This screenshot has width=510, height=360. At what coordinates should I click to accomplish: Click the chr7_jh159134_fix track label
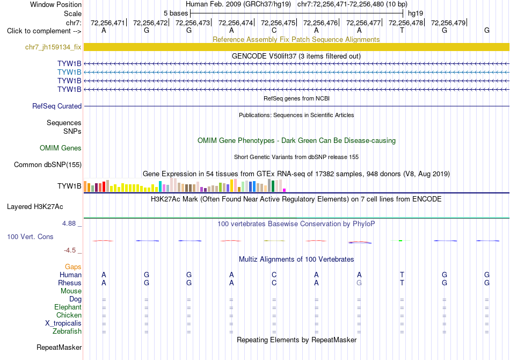(x=53, y=47)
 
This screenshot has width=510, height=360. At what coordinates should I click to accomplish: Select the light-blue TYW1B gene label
(x=69, y=72)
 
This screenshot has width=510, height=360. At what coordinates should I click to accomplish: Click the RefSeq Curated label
(x=57, y=106)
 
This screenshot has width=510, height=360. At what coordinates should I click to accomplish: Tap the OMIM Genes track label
(x=61, y=148)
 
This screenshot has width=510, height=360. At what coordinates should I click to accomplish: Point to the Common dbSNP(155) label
(x=48, y=165)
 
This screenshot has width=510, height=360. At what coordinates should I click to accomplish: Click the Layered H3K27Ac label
(x=35, y=207)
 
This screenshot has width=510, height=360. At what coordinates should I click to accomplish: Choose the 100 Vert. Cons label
(x=30, y=236)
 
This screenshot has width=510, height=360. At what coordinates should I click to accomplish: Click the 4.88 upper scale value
(x=69, y=224)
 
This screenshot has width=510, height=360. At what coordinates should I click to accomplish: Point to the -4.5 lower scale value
(x=70, y=250)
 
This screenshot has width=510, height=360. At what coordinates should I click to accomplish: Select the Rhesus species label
(x=70, y=283)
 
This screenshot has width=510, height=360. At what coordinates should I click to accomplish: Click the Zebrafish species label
(x=67, y=332)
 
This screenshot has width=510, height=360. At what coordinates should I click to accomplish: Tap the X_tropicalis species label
(x=63, y=323)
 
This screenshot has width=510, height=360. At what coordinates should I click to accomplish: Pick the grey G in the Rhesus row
(x=359, y=283)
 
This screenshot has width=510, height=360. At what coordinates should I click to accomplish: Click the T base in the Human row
(x=402, y=275)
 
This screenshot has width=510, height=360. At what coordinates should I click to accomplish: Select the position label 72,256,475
(x=278, y=23)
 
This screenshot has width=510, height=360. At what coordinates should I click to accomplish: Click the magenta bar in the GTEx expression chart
(x=285, y=190)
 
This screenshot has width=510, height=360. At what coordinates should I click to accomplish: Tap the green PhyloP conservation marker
(x=400, y=241)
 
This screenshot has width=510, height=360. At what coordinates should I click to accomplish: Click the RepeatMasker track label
(x=59, y=348)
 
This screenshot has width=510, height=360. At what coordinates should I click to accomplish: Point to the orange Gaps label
(x=73, y=267)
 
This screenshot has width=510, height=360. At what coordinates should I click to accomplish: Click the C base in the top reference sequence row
(x=274, y=31)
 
